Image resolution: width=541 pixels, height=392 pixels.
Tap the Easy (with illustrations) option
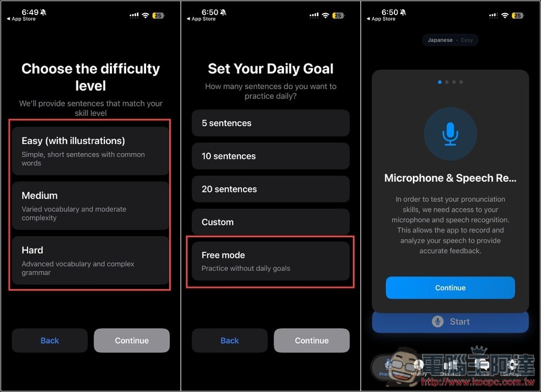coord(90,151)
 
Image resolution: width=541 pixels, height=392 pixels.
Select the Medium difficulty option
coord(90,205)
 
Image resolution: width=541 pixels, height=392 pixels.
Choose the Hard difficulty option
coord(90,260)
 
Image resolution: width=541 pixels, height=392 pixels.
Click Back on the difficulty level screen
coord(50,341)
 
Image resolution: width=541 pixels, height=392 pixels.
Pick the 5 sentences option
coord(270,123)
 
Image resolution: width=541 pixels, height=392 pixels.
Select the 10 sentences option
coord(270,156)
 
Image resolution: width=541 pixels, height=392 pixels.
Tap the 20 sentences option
coord(270,189)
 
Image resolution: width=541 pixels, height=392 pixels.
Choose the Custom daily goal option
coord(270,222)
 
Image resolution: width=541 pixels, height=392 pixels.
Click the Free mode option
coord(270,261)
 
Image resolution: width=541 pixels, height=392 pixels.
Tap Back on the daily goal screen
coord(230,341)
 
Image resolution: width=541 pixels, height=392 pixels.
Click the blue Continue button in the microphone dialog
coord(450,288)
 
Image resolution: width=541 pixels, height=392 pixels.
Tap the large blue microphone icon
coord(450,133)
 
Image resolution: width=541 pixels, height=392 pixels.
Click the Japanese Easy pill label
coord(450,40)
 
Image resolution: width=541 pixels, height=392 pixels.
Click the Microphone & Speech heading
coord(450,178)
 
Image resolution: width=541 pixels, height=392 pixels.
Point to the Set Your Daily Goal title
coord(270,69)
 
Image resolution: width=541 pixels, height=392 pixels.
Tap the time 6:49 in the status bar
coord(30,12)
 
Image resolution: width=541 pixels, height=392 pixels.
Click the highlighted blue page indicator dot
coord(440,82)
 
